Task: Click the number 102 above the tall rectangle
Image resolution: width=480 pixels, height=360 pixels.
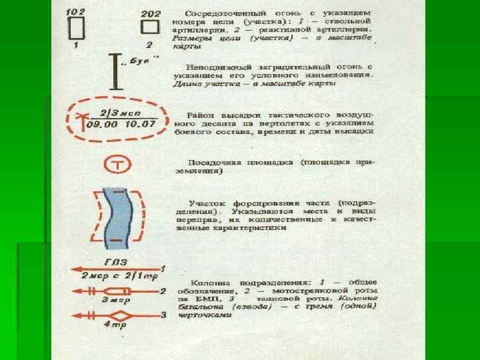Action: coord(77,11)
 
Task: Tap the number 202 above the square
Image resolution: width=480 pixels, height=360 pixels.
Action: coord(151,12)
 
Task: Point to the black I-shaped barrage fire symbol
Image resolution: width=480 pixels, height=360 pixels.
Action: coord(119,71)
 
